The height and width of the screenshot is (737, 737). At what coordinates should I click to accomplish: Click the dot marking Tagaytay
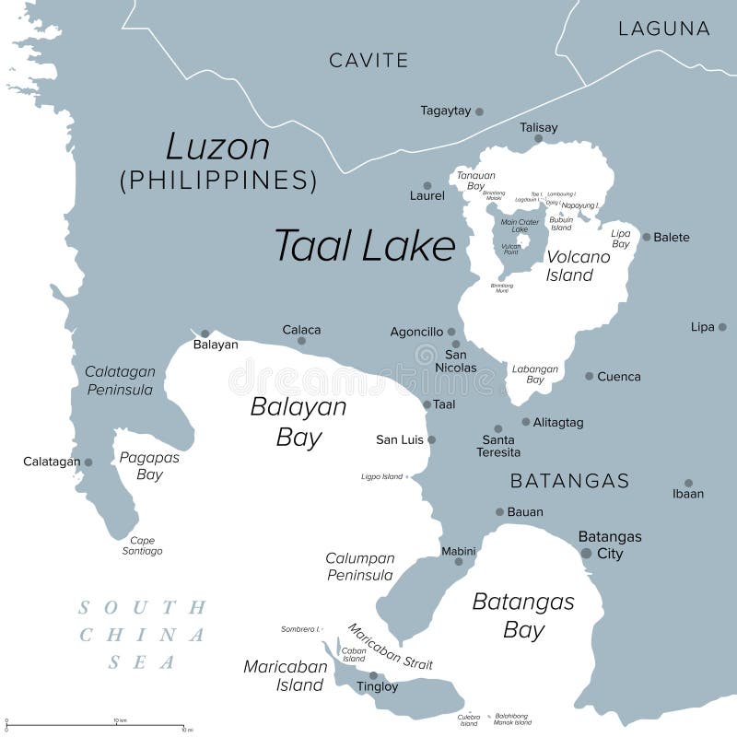coord(479,111)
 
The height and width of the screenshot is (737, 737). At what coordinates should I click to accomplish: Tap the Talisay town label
coord(538,127)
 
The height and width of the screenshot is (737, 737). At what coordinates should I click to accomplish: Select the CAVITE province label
coord(368,61)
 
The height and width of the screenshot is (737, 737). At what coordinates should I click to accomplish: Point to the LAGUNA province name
coord(663,29)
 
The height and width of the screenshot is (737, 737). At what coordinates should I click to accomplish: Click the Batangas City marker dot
coord(586,553)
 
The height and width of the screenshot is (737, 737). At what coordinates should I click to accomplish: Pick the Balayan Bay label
coord(298,422)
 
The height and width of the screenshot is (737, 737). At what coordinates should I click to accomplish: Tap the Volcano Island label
coord(578,265)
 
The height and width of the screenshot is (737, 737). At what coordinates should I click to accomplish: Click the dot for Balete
coord(647,237)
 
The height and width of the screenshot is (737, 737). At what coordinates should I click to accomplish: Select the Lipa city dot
coord(722,327)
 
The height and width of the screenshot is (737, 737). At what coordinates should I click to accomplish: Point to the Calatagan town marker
coord(88,462)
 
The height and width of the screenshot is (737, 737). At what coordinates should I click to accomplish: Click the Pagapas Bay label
coord(149,465)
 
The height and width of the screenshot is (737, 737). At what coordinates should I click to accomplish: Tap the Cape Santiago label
coord(142,545)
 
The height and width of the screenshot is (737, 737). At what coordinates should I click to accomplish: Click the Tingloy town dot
coord(373,675)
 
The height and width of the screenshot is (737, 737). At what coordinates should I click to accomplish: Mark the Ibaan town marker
coord(688,482)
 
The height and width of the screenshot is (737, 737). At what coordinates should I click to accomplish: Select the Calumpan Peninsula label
coord(359,567)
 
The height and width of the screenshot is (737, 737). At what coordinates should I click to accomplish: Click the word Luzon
coord(217,147)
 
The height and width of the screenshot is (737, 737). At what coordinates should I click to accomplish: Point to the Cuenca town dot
coord(590,376)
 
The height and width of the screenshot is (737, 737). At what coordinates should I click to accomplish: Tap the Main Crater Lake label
coord(521,225)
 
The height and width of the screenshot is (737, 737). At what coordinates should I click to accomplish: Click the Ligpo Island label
coord(381,476)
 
